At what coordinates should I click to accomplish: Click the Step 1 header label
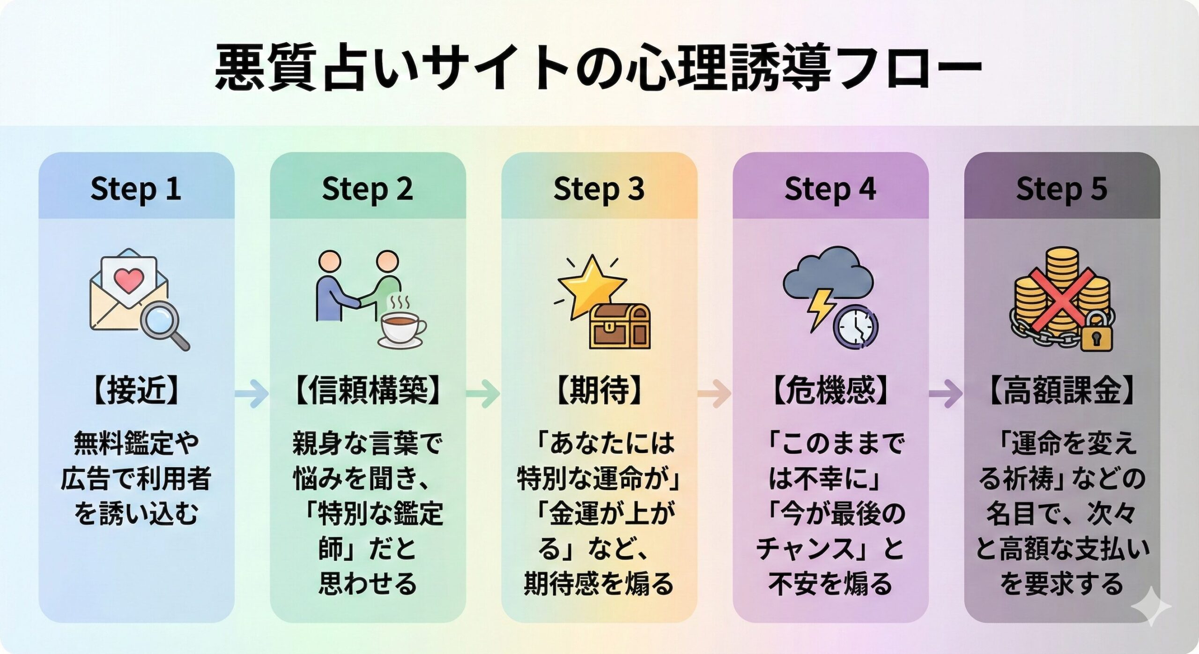tap(136, 189)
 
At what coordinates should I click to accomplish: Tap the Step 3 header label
tap(599, 189)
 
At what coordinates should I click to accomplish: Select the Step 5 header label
tap(1061, 189)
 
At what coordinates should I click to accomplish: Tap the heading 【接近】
tap(136, 391)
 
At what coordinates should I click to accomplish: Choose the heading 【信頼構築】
tap(367, 391)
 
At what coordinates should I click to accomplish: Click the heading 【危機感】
tap(830, 391)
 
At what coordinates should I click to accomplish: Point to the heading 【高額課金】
tap(1061, 391)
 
